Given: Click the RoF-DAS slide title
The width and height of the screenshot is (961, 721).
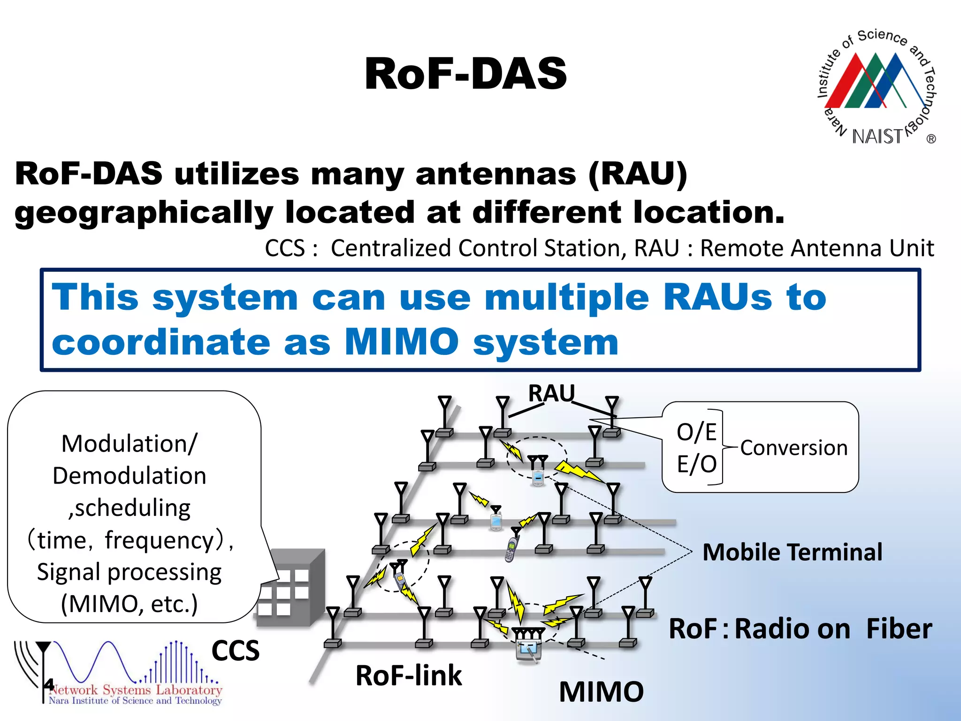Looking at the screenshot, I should pyautogui.click(x=465, y=74).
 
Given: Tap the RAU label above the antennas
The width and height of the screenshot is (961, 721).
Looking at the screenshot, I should pyautogui.click(x=551, y=393).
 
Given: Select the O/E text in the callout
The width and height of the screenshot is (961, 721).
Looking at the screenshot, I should pyautogui.click(x=696, y=432).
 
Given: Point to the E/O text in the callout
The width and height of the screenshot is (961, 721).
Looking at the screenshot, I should pyautogui.click(x=696, y=464).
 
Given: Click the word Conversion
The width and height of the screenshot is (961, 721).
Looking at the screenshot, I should pyautogui.click(x=794, y=448).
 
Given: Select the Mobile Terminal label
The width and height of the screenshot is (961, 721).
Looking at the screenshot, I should pyautogui.click(x=792, y=552).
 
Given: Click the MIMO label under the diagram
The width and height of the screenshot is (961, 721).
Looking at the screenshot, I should pyautogui.click(x=601, y=692).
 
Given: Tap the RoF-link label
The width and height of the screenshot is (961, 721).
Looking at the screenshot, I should pyautogui.click(x=408, y=676).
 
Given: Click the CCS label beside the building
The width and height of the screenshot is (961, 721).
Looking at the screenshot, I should pyautogui.click(x=235, y=651).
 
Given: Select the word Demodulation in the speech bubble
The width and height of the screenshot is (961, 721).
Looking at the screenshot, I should pyautogui.click(x=129, y=476).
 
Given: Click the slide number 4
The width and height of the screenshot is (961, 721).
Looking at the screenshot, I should pyautogui.click(x=49, y=684).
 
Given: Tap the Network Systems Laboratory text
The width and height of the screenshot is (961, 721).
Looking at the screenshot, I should pyautogui.click(x=136, y=690).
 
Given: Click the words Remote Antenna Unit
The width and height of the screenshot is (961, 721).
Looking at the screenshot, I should pyautogui.click(x=816, y=248).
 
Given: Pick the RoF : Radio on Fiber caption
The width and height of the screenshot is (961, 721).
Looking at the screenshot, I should pyautogui.click(x=800, y=629).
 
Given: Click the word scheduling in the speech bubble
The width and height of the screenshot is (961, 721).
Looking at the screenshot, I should pyautogui.click(x=132, y=508).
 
